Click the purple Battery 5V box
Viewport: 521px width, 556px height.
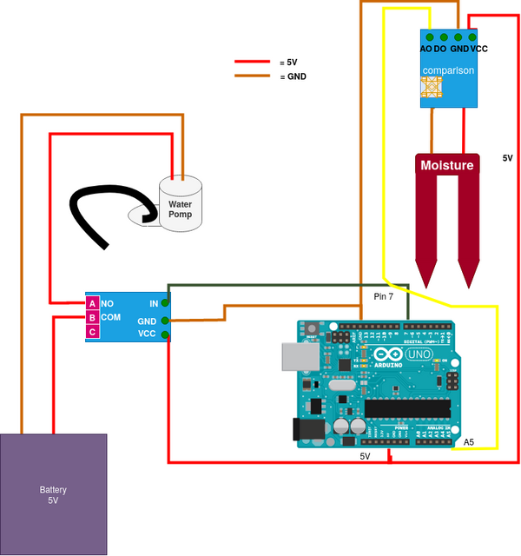[x=53, y=494]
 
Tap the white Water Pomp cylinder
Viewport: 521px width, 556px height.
[x=181, y=205]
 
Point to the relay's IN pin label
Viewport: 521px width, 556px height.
[x=154, y=303]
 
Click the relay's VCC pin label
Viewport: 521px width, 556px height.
[x=147, y=334]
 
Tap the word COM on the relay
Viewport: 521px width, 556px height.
[x=111, y=318]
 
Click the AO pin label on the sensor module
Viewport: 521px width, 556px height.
[x=426, y=50]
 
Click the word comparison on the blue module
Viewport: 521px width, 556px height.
[x=448, y=69]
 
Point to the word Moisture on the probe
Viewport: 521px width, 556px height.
[x=447, y=165]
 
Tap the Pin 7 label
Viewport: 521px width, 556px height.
[x=384, y=297]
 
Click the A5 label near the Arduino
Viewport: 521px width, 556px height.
[x=469, y=442]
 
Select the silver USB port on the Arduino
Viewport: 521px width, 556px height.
[x=296, y=357]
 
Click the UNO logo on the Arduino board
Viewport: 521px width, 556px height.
[x=419, y=354]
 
